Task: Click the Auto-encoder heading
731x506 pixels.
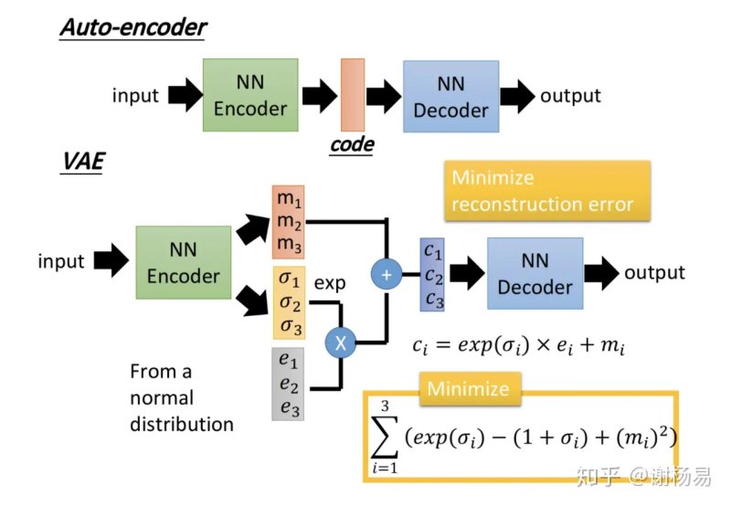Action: [x=133, y=27]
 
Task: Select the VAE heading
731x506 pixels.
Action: [x=83, y=162]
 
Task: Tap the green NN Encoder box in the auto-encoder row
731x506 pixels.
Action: [x=250, y=95]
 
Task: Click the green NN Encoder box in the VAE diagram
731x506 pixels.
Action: [x=184, y=262]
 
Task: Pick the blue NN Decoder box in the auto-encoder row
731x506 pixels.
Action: [x=450, y=97]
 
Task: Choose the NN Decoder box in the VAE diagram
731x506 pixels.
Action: [x=535, y=273]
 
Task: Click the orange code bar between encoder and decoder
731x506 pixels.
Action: [x=353, y=95]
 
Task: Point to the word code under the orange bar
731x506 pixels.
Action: [x=352, y=144]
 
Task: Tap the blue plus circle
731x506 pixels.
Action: [x=387, y=274]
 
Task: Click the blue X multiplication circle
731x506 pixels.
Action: [x=341, y=343]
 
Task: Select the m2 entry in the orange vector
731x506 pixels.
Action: [x=289, y=222]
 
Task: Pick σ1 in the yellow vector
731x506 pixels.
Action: [x=289, y=279]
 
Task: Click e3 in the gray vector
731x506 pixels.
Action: [x=290, y=408]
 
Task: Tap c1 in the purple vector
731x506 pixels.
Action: [x=432, y=251]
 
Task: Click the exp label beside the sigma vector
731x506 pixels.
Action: [x=330, y=283]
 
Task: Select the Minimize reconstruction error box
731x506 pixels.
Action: [x=547, y=191]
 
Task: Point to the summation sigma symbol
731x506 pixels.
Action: [x=384, y=437]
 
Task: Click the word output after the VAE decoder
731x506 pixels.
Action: [x=654, y=272]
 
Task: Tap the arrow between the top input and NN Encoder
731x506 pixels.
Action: [x=185, y=95]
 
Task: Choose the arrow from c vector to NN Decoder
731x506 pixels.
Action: [x=467, y=273]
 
